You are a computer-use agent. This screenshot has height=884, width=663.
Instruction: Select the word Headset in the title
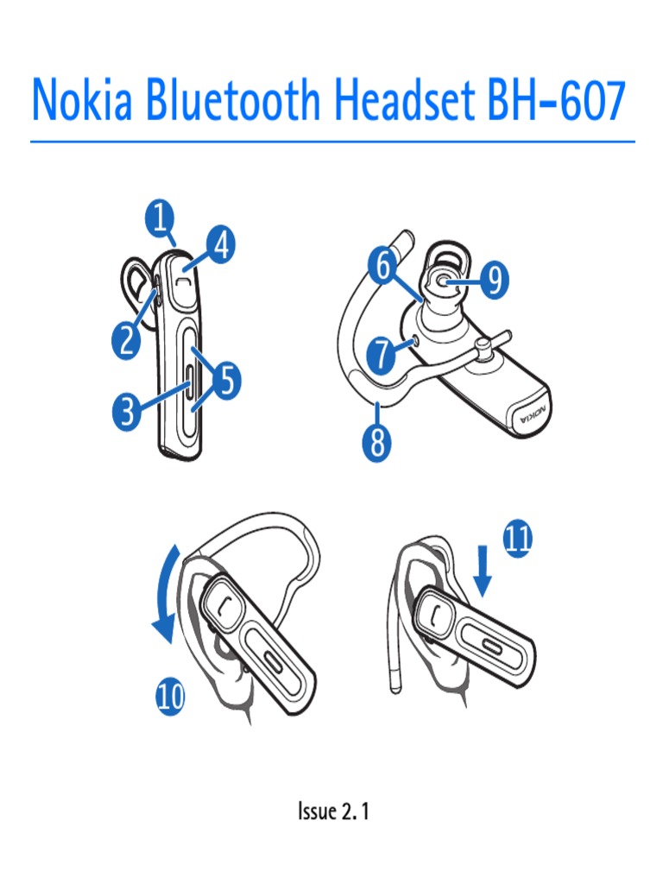coord(402,100)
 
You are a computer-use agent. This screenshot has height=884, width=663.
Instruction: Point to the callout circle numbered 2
coord(127,340)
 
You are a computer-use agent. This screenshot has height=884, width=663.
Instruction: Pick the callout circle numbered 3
coord(128,413)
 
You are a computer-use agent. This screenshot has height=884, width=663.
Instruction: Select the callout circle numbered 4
coord(220,248)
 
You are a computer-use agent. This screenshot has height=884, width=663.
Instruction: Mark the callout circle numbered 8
coord(377,445)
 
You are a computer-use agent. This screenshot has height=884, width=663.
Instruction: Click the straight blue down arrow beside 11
coord(483,573)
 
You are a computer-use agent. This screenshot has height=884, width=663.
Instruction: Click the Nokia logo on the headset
coord(531,419)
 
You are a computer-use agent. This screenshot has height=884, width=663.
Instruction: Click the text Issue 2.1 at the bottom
coord(333,811)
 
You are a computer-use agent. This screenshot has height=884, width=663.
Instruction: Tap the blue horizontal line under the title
coord(332,142)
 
